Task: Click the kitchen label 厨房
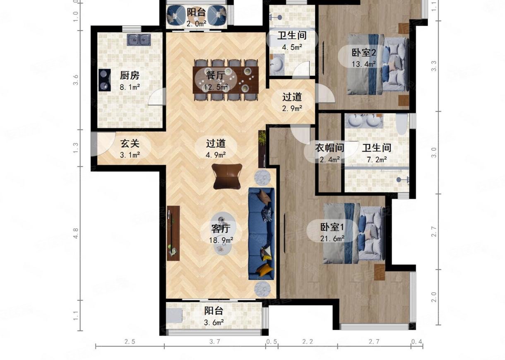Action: point(129,75)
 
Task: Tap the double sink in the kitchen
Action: point(139,40)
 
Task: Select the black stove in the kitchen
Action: point(104,80)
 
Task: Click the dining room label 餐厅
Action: point(215,75)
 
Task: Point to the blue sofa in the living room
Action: point(261,234)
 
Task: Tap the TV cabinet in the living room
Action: point(173,233)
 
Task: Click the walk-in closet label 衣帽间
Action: point(329,148)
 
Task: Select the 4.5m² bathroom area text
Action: point(292,47)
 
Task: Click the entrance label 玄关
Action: point(130,143)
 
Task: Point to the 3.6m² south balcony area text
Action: point(214,322)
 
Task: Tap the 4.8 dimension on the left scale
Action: point(76,233)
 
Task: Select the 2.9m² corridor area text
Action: point(292,109)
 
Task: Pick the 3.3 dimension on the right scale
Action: point(433,66)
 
